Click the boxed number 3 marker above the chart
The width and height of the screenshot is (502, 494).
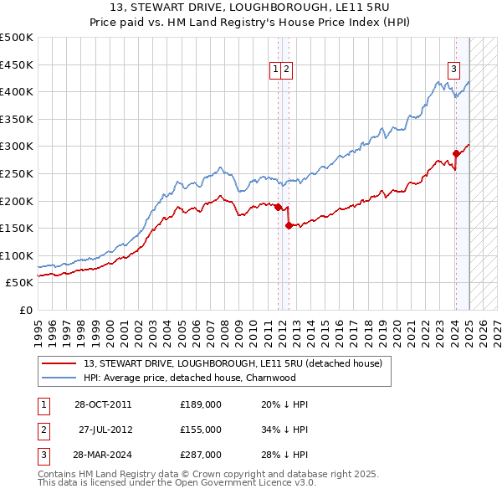(x=453, y=69)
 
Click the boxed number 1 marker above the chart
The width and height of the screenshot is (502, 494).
(x=274, y=69)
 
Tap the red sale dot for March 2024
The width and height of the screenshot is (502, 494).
(x=456, y=153)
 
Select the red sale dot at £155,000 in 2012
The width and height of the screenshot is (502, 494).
(x=288, y=225)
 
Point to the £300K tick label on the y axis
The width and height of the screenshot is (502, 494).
(x=17, y=146)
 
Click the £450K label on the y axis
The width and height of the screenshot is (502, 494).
(x=17, y=64)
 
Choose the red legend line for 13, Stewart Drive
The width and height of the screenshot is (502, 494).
(x=59, y=363)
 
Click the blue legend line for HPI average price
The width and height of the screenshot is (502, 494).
(x=59, y=378)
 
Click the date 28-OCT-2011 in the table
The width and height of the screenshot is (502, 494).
(x=103, y=404)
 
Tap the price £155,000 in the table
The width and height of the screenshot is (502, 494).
(x=201, y=430)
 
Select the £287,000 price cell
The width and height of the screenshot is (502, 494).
(x=201, y=455)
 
